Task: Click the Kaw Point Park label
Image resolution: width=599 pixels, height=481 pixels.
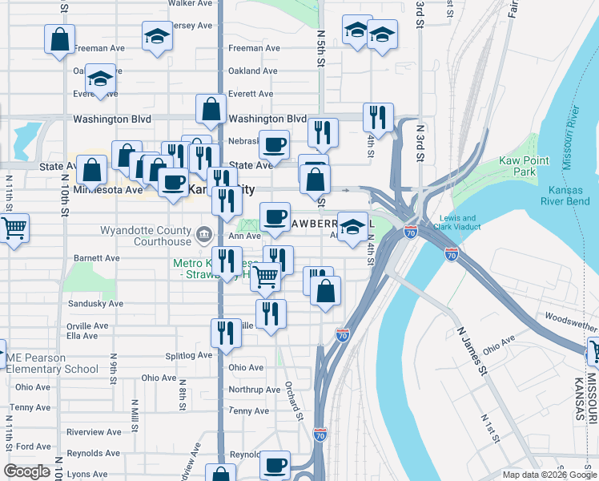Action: (x=524, y=166)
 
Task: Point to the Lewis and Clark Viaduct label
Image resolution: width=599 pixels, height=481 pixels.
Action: (x=458, y=223)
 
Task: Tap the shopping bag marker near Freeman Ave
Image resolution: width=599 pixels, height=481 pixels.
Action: (x=59, y=39)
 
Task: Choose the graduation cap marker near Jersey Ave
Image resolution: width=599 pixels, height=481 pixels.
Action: (x=157, y=35)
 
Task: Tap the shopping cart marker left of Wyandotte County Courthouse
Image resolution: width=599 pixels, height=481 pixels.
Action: (x=14, y=228)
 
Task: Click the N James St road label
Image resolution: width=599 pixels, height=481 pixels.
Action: (x=472, y=350)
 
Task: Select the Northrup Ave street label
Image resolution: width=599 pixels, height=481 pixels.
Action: (x=254, y=390)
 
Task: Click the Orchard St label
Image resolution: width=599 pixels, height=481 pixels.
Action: (x=294, y=400)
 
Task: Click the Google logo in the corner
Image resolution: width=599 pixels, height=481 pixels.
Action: (x=26, y=471)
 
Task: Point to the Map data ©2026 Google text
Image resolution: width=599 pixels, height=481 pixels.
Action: (x=549, y=475)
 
